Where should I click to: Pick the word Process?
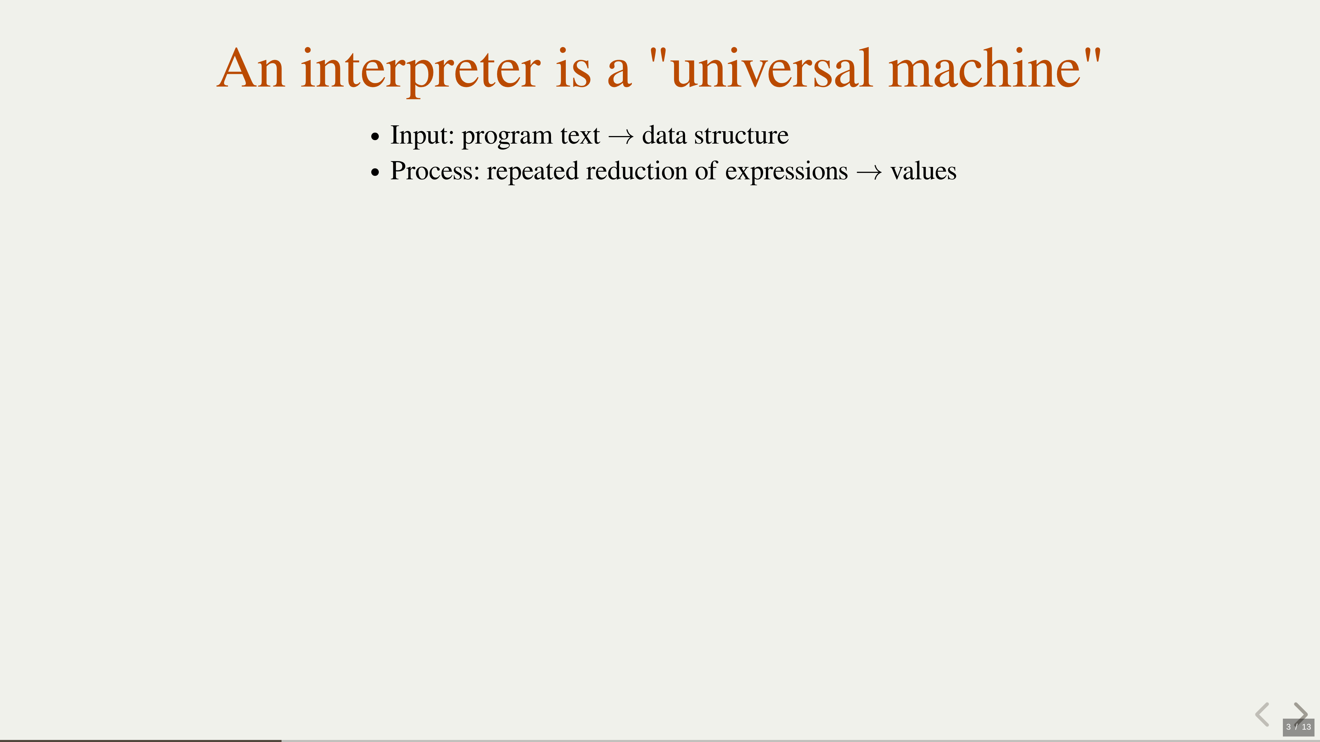click(x=434, y=171)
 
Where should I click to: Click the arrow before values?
click(x=869, y=172)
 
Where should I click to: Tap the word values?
click(x=923, y=171)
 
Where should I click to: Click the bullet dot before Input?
click(x=376, y=137)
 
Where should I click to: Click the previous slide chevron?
click(x=1262, y=715)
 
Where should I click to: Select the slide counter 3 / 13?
click(x=1298, y=727)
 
